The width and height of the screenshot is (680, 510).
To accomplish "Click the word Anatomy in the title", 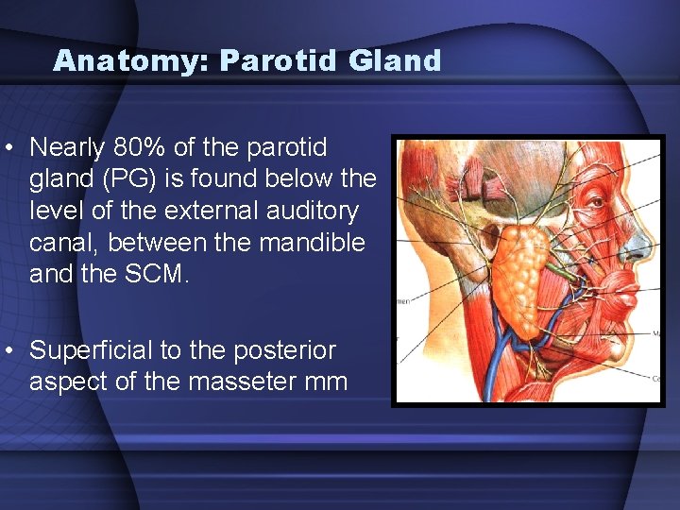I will point(131,61).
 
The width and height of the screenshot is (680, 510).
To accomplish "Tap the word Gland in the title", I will point(395,61).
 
